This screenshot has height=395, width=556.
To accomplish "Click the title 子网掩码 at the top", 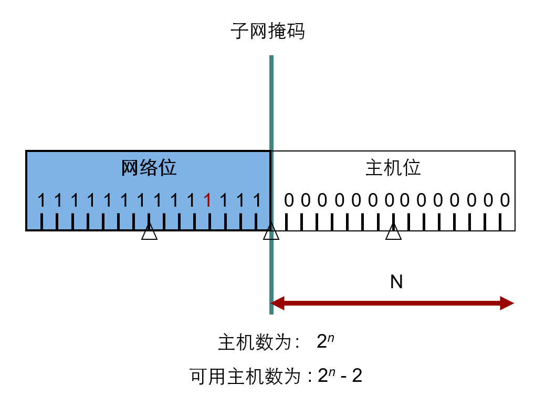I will (267, 32).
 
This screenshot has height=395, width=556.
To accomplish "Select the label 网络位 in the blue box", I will (149, 168).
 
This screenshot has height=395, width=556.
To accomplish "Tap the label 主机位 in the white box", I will (393, 168).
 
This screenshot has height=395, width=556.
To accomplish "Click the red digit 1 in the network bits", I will (207, 200).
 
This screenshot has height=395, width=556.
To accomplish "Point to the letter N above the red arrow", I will (396, 282).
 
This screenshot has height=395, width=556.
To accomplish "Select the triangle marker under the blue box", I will (149, 232).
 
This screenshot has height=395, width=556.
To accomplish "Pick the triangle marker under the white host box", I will (393, 232).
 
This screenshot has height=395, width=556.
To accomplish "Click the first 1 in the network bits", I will (42, 200).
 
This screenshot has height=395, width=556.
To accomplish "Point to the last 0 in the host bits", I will (505, 200).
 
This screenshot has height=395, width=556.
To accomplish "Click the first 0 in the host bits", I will (289, 200).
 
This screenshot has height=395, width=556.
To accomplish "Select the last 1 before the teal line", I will (257, 200).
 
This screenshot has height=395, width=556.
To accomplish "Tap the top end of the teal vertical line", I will (271, 57).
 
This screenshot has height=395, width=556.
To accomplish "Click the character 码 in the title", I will (296, 32).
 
